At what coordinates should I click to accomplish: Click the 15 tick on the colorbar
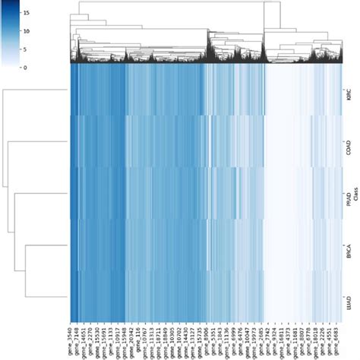pyautogui.click(x=27, y=14)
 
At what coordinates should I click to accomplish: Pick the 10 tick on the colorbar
pyautogui.click(x=27, y=32)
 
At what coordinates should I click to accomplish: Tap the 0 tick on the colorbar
pyautogui.click(x=27, y=68)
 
